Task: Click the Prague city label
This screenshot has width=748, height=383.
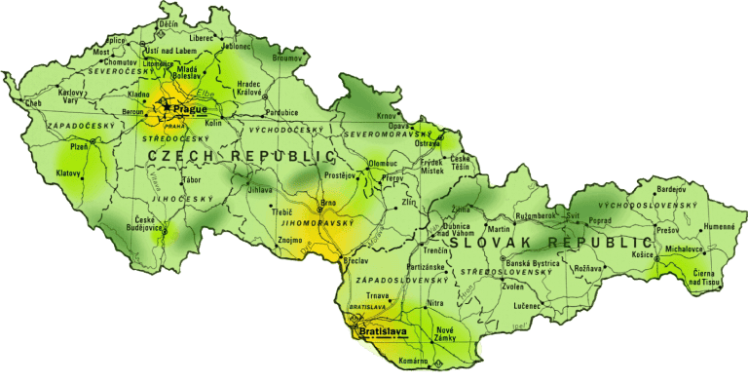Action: pyautogui.click(x=190, y=108)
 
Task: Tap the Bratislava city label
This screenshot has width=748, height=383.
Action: pyautogui.click(x=383, y=332)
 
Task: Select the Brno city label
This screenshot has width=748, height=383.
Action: pyautogui.click(x=328, y=204)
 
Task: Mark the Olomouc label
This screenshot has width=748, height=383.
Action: pyautogui.click(x=383, y=163)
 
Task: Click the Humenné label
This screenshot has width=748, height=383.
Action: pyautogui.click(x=720, y=226)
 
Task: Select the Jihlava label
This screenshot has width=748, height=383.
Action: pyautogui.click(x=260, y=189)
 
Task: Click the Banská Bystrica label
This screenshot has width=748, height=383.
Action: pyautogui.click(x=536, y=263)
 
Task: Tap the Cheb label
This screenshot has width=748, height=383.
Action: pyautogui.click(x=34, y=102)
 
